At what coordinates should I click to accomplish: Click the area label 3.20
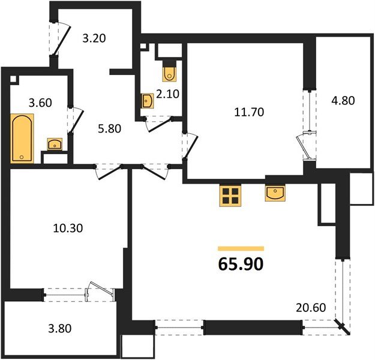94,40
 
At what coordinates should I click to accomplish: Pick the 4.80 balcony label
343,101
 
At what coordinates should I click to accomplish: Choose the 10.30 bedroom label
66,228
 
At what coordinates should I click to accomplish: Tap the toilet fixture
169,73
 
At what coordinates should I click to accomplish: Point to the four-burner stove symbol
229,194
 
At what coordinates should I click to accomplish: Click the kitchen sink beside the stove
275,193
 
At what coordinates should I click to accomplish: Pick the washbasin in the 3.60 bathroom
55,144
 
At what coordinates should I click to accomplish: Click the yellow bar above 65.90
241,247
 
